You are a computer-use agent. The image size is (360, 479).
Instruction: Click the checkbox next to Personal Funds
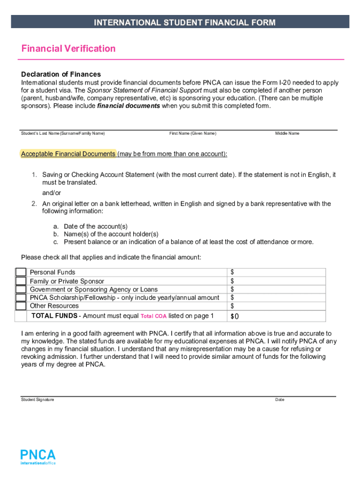click(x=21, y=272)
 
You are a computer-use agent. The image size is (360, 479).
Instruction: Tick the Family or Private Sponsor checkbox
click(x=21, y=281)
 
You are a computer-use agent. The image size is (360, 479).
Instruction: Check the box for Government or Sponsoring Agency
click(x=21, y=290)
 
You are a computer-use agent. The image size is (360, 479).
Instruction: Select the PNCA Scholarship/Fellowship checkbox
click(x=21, y=298)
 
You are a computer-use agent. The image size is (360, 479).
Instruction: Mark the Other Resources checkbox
click(x=21, y=306)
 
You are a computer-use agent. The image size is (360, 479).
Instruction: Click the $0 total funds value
click(x=235, y=317)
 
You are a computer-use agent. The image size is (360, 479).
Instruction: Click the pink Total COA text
click(x=153, y=316)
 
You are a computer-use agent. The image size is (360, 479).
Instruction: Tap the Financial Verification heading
click(x=68, y=49)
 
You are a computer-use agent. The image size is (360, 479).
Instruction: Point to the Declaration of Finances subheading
click(x=61, y=74)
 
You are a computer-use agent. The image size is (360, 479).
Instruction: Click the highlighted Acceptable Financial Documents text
click(x=68, y=154)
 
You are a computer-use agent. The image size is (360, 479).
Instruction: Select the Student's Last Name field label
click(x=63, y=134)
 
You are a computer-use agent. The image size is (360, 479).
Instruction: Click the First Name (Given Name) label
click(x=193, y=134)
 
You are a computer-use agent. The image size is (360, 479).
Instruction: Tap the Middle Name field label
click(x=287, y=134)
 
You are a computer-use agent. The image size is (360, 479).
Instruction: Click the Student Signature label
click(x=37, y=400)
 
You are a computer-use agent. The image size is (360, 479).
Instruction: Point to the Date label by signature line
click(x=280, y=400)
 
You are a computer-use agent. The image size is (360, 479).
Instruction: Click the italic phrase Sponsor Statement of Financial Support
click(x=144, y=90)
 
